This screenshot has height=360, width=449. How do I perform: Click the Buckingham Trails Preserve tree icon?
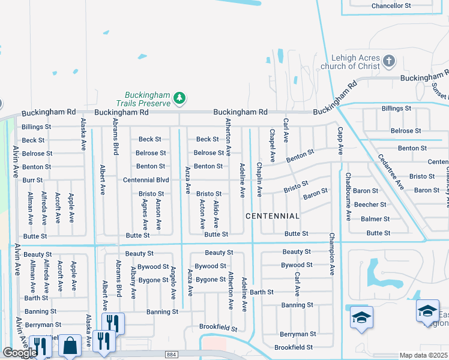coord(179,98)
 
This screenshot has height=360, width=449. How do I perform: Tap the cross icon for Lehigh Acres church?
coord(389,61)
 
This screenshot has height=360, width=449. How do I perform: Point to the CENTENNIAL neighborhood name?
coord(272,215)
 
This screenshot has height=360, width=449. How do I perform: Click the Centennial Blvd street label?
coord(146,180)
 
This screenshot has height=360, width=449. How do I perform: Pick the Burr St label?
coord(32,180)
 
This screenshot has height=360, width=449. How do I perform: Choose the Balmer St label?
coord(375,219)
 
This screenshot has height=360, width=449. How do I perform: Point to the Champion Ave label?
coord(330,254)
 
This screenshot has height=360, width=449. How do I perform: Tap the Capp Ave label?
coord(340,140)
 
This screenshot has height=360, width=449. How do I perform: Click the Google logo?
coord(20,353)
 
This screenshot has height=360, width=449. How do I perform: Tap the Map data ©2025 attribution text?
coord(424,356)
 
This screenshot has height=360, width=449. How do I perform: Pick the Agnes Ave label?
coord(145,215)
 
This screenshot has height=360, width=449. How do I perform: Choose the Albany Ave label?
coord(133,282)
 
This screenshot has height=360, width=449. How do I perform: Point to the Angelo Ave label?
coord(173,283)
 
